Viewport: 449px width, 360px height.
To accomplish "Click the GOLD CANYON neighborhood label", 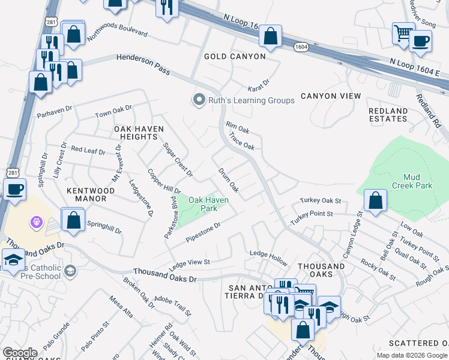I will [x=235, y=56].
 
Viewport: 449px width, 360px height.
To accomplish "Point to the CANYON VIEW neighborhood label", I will [x=331, y=96].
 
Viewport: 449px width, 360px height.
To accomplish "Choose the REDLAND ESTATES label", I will [x=388, y=115].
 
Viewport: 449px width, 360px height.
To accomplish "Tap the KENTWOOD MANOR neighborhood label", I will [x=91, y=195].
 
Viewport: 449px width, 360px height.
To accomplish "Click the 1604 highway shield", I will [x=301, y=47].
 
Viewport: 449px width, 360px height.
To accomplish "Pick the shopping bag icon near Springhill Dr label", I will [x=73, y=219].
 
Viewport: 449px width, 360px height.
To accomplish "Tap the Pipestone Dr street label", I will [x=203, y=232].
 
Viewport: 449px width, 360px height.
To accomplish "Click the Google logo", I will [x=20, y=353].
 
